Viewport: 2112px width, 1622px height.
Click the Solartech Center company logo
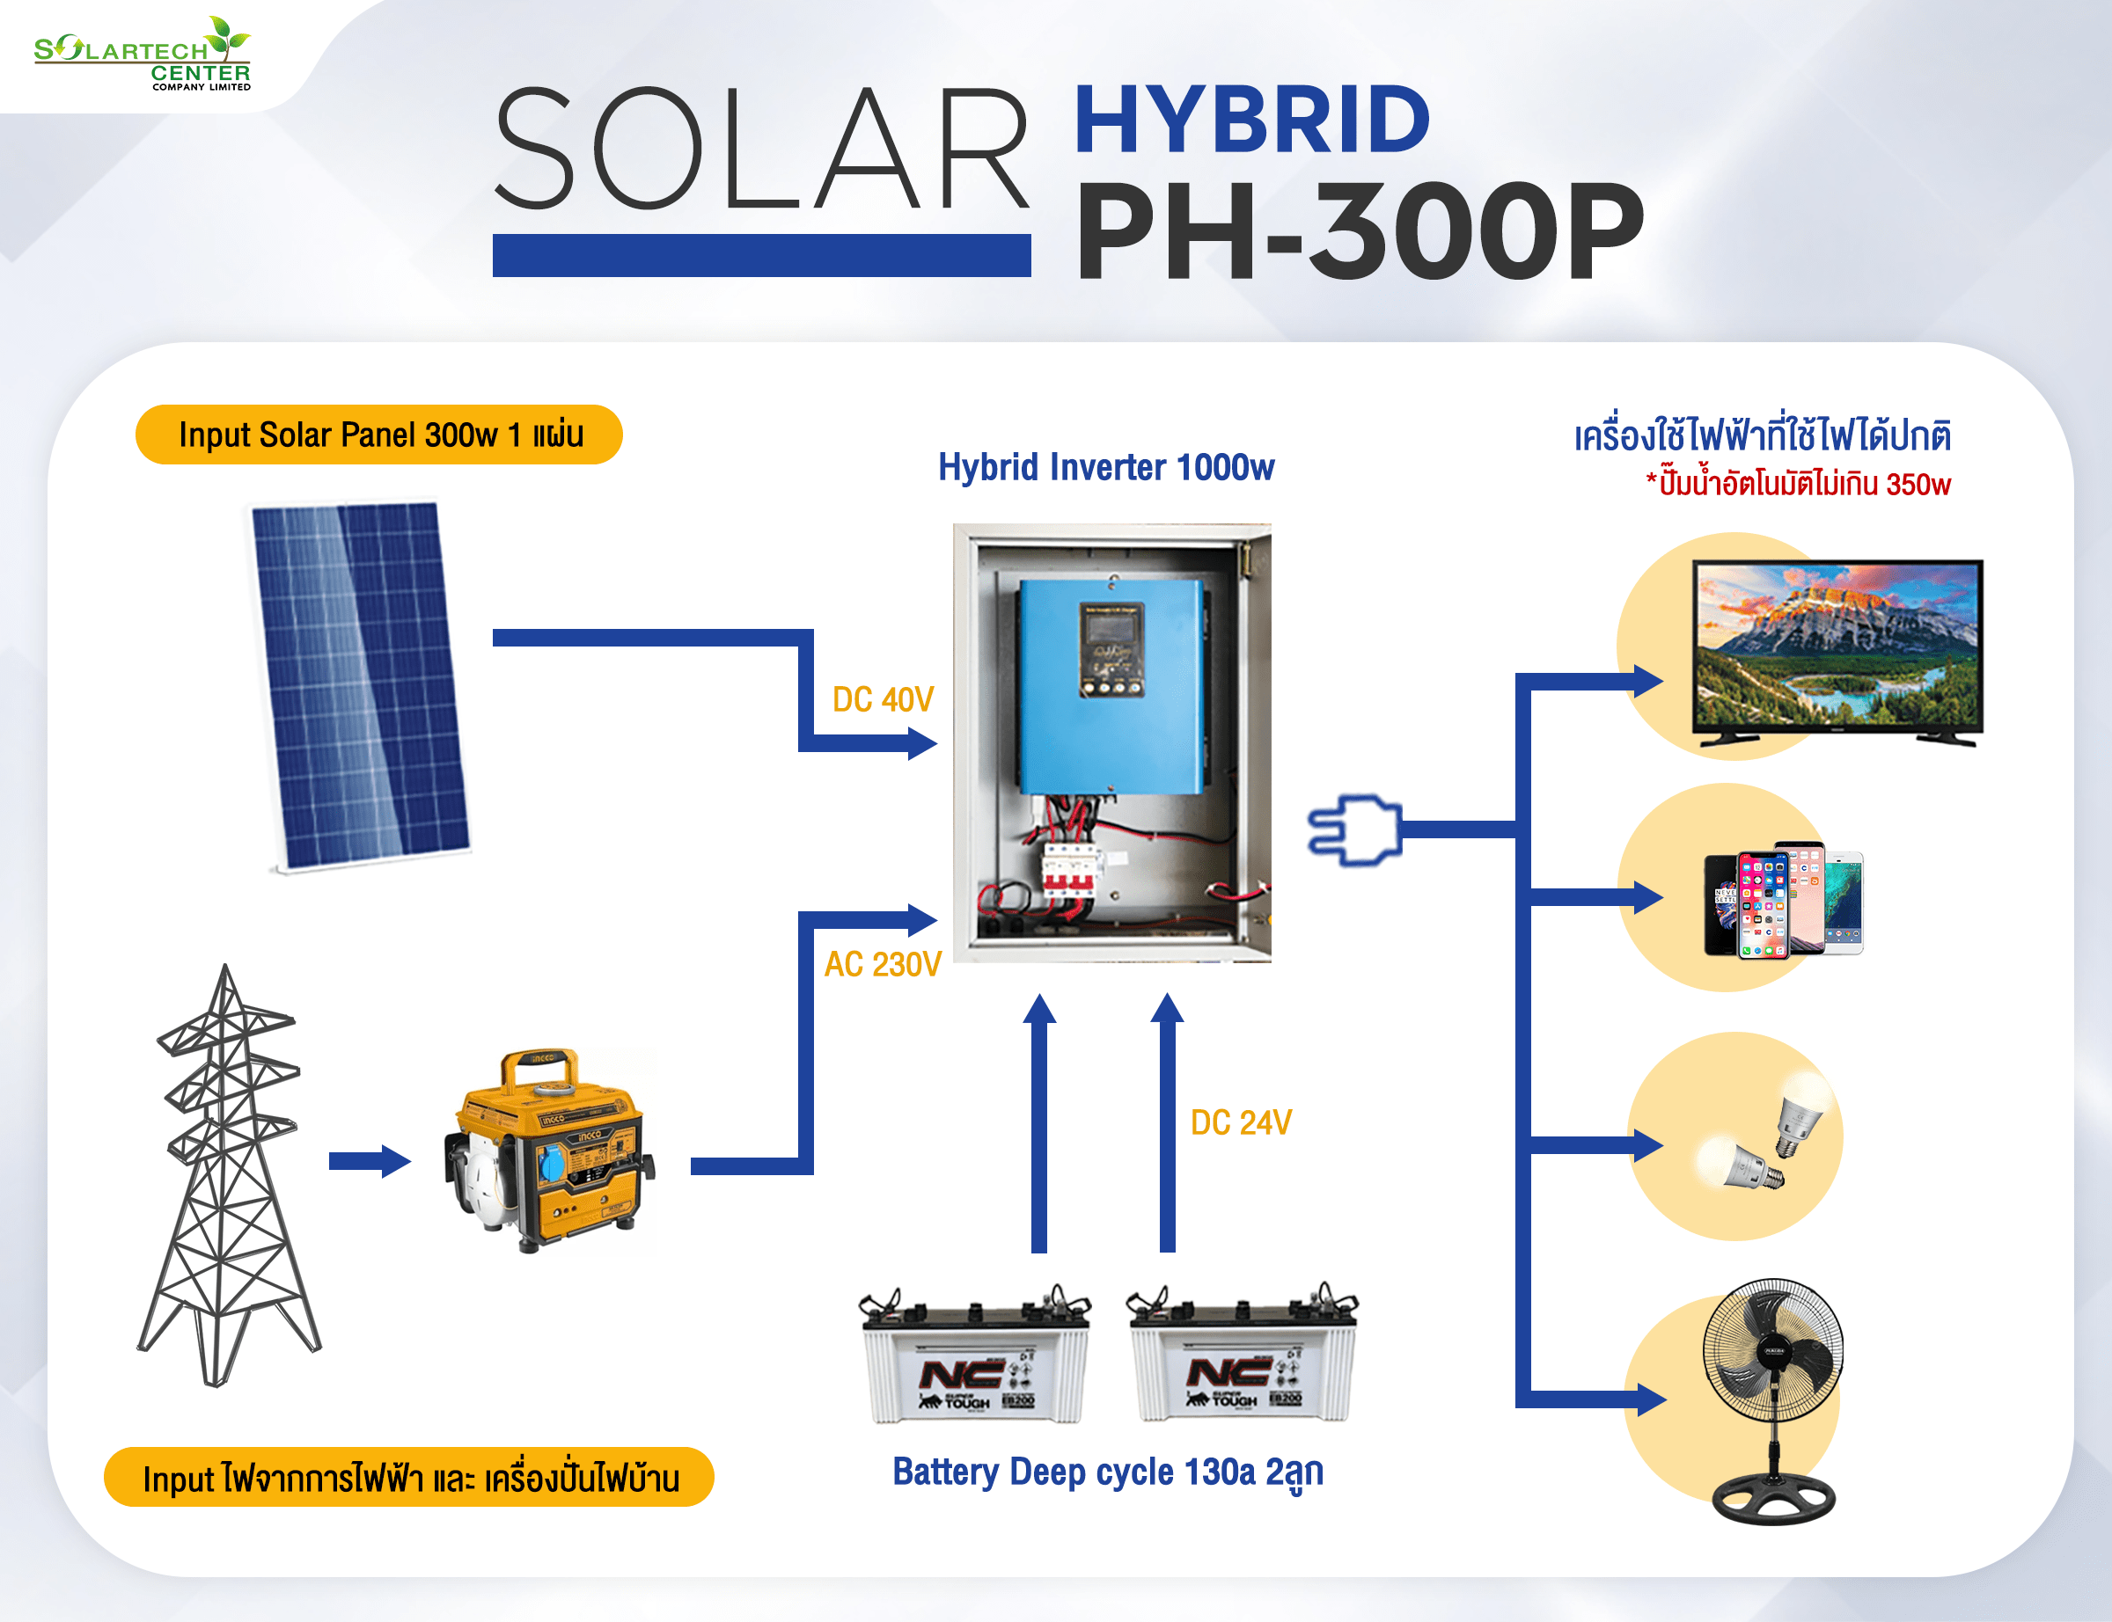(143, 55)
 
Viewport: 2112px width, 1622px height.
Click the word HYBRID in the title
(1250, 120)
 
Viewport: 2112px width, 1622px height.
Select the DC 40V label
(882, 699)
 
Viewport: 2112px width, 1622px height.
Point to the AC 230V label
(882, 963)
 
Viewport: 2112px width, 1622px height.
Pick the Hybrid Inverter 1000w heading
(1106, 467)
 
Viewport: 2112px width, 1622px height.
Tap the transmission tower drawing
(228, 1178)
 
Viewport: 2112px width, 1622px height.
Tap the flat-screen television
(1837, 651)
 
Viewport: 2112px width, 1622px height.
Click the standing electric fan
(1773, 1400)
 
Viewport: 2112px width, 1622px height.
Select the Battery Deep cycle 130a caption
(1107, 1472)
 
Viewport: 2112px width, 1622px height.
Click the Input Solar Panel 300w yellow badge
(378, 435)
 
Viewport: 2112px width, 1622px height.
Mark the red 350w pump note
(1798, 483)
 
